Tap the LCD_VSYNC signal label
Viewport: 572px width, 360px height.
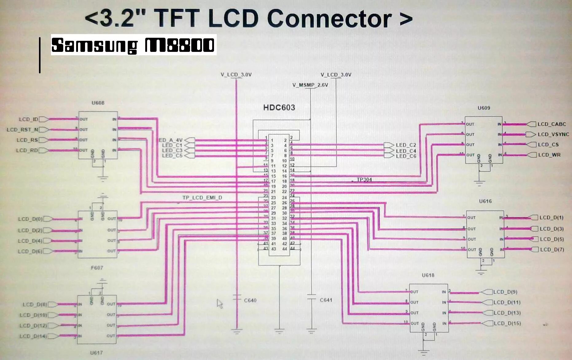point(553,134)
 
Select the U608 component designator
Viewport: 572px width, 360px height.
point(98,103)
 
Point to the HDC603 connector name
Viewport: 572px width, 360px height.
point(279,107)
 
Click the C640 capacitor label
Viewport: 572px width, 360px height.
point(250,300)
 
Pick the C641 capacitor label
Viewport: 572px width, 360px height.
point(326,300)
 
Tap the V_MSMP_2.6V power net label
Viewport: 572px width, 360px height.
point(310,85)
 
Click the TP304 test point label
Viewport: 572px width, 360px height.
point(364,180)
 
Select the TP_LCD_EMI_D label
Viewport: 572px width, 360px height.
point(202,198)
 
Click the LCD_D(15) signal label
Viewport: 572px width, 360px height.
point(507,323)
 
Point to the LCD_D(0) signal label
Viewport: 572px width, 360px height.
point(30,219)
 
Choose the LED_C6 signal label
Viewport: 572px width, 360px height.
point(406,156)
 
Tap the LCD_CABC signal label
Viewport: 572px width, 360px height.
point(551,124)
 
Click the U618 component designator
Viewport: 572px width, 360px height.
point(428,275)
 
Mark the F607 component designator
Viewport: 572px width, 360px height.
point(97,268)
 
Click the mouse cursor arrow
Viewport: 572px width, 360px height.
point(220,304)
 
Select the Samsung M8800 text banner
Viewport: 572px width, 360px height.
point(134,45)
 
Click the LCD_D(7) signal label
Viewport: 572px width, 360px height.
point(552,250)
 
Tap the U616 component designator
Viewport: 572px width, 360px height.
point(485,201)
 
